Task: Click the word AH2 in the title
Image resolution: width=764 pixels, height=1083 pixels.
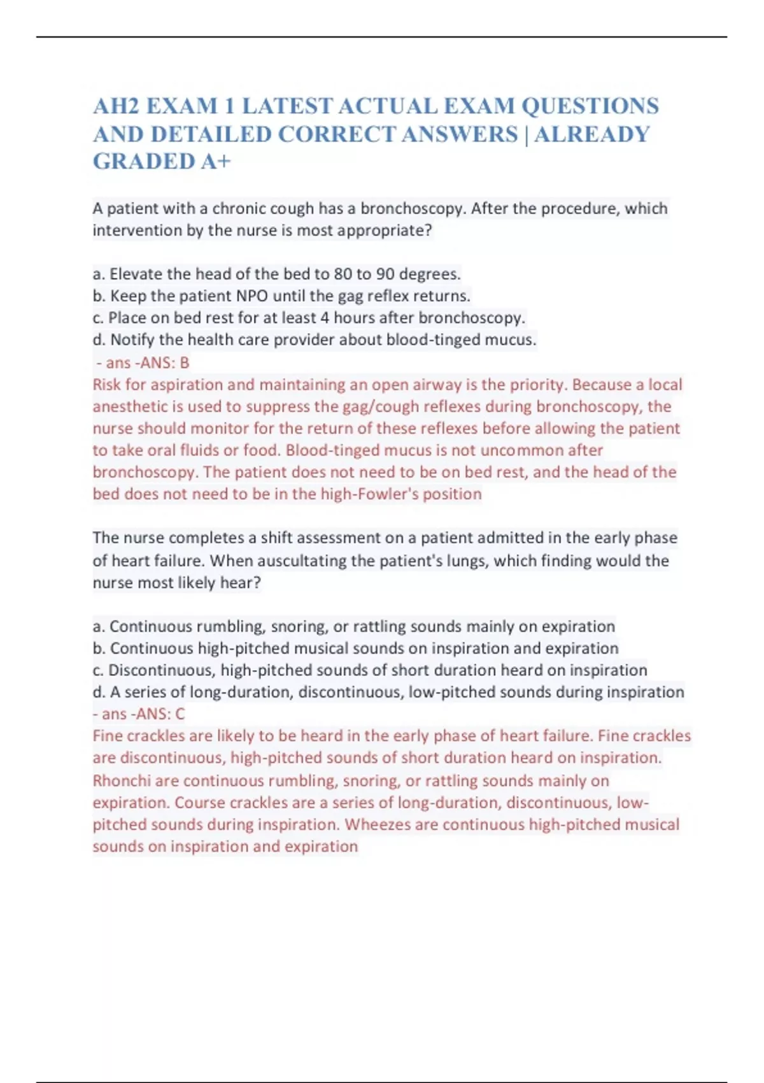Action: click(116, 106)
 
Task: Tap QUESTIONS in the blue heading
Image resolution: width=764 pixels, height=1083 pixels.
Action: click(590, 106)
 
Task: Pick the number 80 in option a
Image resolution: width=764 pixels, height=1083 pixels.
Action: click(343, 274)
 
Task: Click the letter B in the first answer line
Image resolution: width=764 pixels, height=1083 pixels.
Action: click(185, 362)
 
